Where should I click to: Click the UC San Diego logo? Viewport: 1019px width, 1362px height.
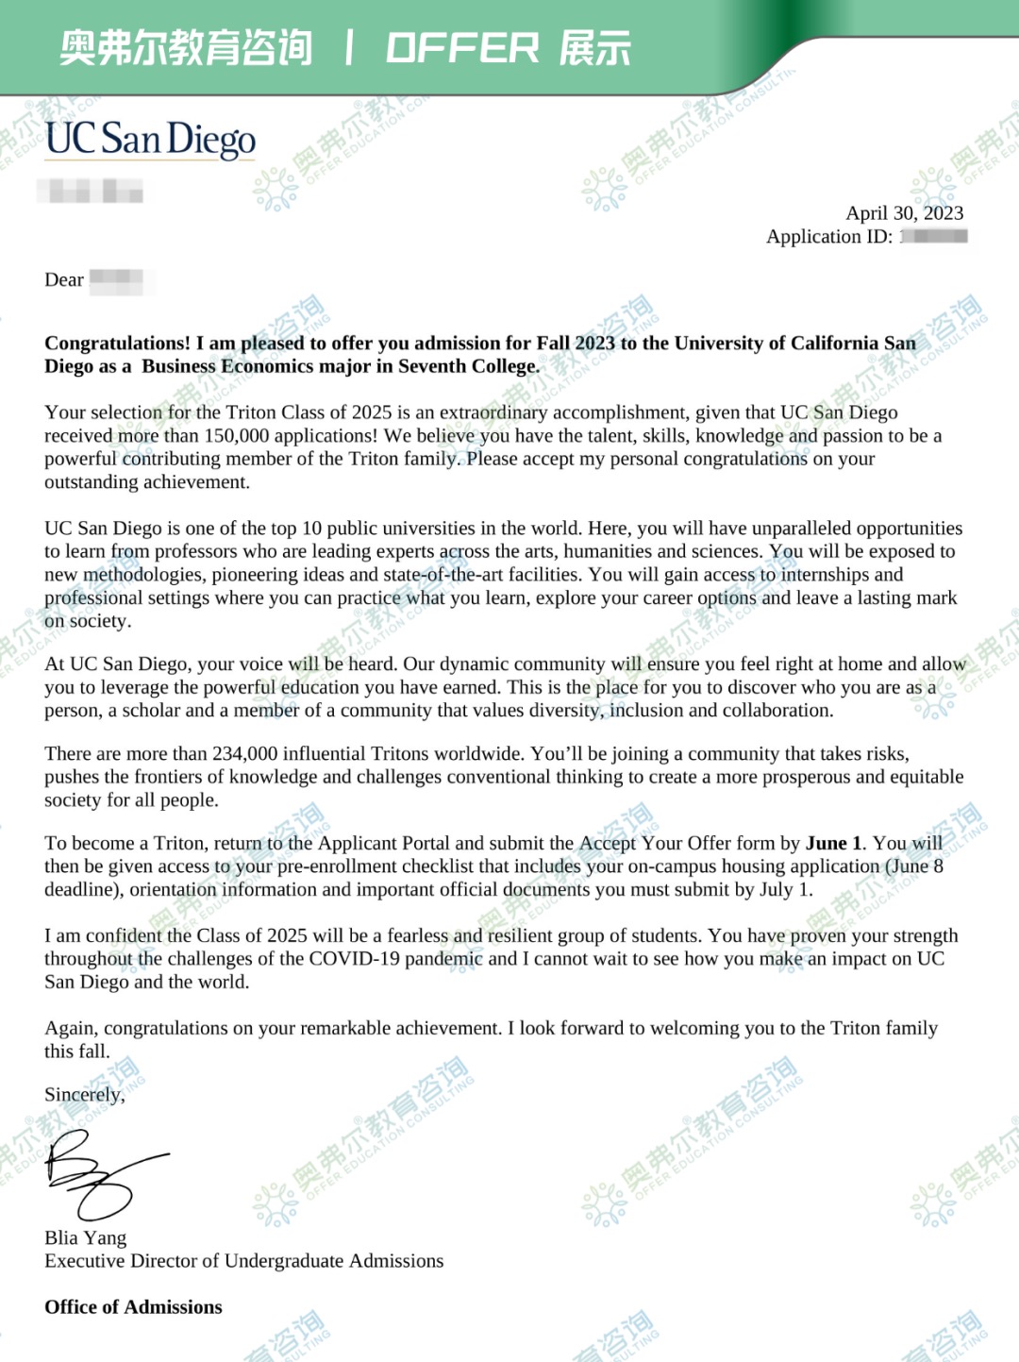(x=150, y=139)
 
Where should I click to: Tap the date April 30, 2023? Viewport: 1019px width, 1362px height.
(x=904, y=213)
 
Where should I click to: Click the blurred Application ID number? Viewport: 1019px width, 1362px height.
(x=934, y=236)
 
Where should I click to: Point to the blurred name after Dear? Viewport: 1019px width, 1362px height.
(x=117, y=279)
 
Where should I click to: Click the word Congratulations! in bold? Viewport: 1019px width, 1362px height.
(x=117, y=343)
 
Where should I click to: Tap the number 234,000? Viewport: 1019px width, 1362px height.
(x=244, y=753)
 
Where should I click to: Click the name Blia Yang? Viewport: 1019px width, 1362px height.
(x=85, y=1237)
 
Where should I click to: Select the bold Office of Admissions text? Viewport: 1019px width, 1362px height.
(x=133, y=1307)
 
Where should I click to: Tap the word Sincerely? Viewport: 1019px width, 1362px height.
(x=83, y=1095)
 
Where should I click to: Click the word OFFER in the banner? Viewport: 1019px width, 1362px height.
(x=462, y=48)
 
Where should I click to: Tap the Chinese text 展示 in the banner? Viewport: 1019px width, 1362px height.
(x=594, y=48)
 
